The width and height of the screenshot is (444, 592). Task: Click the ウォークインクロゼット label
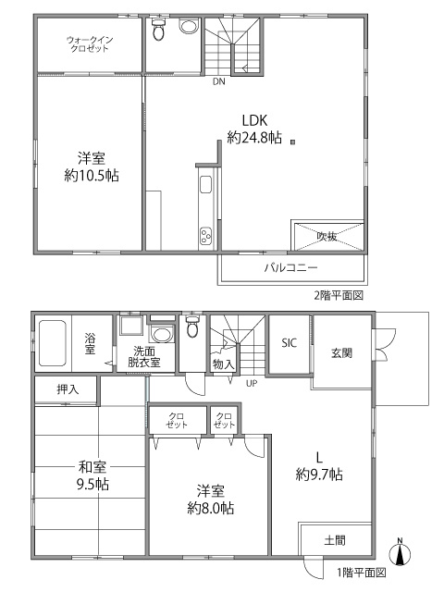[x=89, y=43]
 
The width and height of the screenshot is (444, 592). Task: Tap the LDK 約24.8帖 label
[x=254, y=129]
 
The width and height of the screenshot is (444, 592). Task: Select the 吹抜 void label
[x=327, y=235]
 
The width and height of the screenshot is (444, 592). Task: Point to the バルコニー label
[x=291, y=268]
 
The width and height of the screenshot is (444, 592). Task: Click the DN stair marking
[x=218, y=81]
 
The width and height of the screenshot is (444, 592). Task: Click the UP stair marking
[x=252, y=383]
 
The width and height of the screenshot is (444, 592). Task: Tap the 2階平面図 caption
[x=339, y=295]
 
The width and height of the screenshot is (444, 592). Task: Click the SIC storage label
[x=290, y=342]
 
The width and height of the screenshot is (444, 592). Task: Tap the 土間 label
[x=335, y=539]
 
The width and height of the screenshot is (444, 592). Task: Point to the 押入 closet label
[x=68, y=389]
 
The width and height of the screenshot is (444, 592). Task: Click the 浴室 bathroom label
[x=92, y=343]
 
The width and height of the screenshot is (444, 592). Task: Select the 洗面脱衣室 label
[x=146, y=356]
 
